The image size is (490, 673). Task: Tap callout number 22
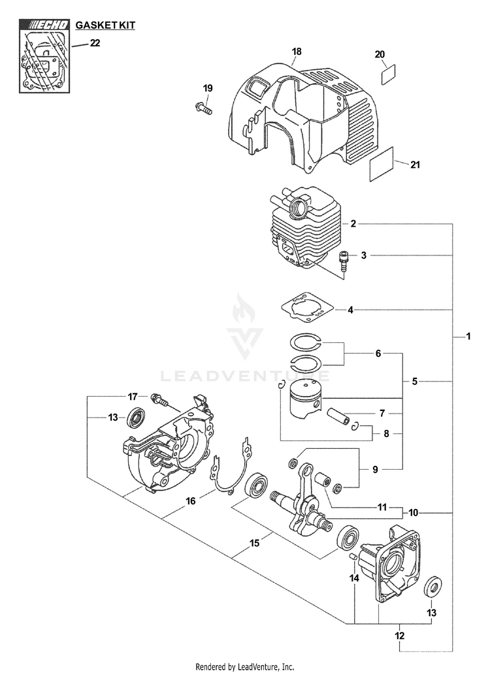pos(95,44)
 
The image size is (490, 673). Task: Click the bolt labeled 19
pos(203,108)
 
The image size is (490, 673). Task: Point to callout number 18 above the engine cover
pos(297,52)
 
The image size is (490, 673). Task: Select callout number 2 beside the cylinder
pos(353,223)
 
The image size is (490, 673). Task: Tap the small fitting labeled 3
pos(341,263)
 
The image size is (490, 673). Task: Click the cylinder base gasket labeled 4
pos(304,308)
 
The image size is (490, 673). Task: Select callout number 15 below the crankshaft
pos(255,542)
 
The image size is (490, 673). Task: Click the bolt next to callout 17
pos(157,397)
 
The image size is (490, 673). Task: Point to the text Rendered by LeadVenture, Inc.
pos(245,666)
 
